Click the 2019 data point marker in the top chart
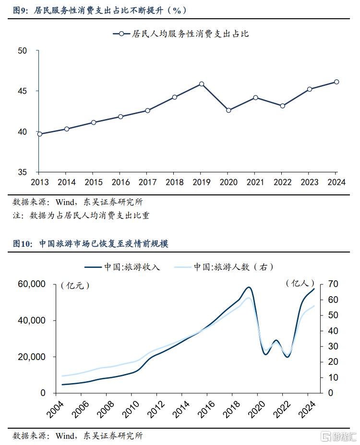[202, 84]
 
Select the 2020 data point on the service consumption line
[228, 110]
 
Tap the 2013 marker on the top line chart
[40, 134]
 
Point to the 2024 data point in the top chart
[336, 82]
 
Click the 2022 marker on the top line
[283, 106]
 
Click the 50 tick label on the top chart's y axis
[22, 50]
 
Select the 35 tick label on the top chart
[22, 172]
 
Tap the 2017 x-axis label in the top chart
[147, 182]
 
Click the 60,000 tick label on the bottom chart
[32, 284]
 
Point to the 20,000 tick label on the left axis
[32, 357]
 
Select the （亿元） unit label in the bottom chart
[75, 285]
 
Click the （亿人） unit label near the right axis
[300, 283]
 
